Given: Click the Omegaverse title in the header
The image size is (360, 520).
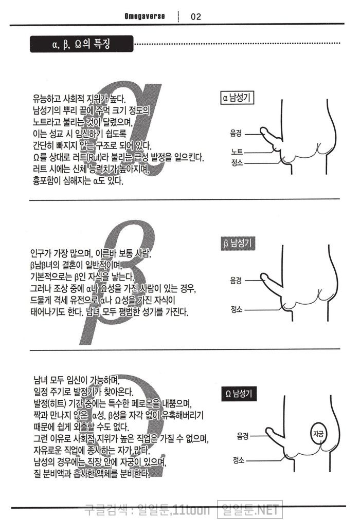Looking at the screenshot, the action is click(145, 16).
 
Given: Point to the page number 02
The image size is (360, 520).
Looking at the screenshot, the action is click(196, 16).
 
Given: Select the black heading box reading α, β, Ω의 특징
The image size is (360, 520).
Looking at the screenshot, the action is click(82, 44).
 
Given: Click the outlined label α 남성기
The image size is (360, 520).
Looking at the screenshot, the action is click(237, 98).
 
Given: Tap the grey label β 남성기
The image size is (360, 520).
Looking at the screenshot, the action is click(238, 244).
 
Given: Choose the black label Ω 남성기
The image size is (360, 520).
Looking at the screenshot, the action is click(239, 394).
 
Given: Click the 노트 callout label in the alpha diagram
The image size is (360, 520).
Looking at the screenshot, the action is click(237, 152).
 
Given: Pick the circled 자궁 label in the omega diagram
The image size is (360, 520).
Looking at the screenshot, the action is click(318, 434).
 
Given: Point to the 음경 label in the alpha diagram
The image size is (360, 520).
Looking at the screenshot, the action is click(236, 134).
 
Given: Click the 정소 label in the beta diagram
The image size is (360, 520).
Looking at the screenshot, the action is click(237, 309).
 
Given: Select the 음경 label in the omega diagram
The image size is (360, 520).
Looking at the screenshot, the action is click(243, 436).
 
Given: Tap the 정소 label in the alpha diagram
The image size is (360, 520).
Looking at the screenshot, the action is click(237, 162).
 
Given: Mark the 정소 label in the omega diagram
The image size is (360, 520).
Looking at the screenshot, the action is click(239, 460).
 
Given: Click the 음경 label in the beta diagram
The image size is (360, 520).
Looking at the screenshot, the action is click(236, 281).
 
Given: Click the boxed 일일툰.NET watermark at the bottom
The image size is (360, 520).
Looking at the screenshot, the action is click(250, 509).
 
